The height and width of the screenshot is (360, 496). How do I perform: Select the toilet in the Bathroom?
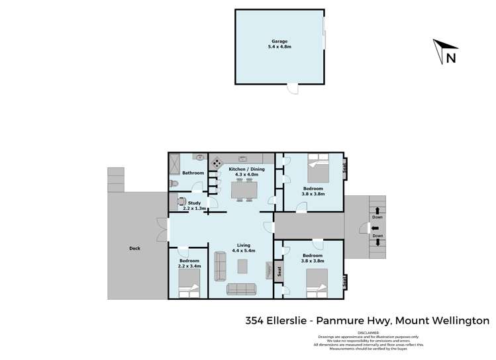(x=173, y=183)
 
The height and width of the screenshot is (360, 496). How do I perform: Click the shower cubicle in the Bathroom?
(x=175, y=163)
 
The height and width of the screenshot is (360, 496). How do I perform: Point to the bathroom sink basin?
(x=199, y=157)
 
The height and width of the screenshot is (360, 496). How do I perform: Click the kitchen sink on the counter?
(x=243, y=159)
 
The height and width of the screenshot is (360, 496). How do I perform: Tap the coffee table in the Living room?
(x=243, y=266)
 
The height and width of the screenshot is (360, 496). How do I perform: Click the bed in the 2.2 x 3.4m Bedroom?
(x=189, y=289)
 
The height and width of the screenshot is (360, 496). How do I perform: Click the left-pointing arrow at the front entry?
(x=369, y=228)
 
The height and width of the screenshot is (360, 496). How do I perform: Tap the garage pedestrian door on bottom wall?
(x=292, y=88)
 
